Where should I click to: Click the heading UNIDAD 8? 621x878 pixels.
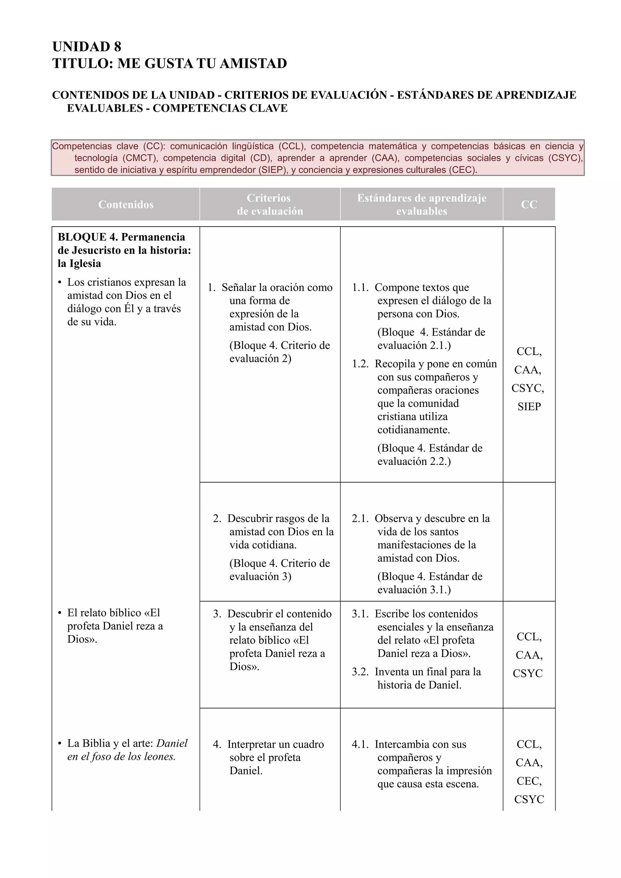[86, 47]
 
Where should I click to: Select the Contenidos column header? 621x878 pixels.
[126, 205]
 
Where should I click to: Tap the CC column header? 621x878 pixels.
[529, 205]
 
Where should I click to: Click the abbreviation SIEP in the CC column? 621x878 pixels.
[529, 407]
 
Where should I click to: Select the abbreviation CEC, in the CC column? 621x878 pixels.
[529, 781]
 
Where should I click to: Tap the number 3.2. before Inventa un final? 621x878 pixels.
[360, 672]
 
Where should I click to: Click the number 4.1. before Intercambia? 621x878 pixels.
[360, 744]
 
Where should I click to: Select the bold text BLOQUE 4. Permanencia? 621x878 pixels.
[121, 237]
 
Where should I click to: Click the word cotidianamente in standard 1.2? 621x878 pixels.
[413, 430]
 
